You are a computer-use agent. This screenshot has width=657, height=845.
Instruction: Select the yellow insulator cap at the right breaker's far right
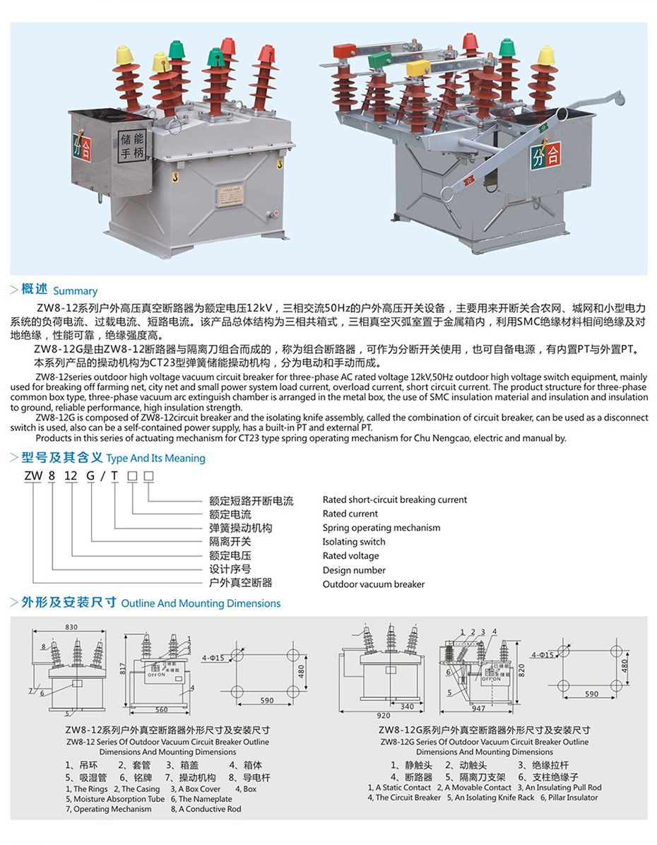tap(545, 54)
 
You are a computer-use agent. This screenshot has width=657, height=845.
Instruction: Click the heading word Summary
tap(76, 291)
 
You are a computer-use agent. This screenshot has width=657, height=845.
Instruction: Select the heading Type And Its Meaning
tap(155, 458)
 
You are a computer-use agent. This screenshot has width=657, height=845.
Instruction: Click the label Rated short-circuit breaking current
tap(394, 500)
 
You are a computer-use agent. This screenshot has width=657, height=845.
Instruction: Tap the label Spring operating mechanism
tap(381, 528)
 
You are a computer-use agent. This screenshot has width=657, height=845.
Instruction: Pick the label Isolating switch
tap(354, 542)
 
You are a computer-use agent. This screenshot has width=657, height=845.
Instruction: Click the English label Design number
tap(354, 570)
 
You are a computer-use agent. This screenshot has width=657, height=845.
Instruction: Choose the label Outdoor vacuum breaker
tap(374, 584)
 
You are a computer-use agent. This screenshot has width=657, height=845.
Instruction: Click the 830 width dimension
tap(71, 627)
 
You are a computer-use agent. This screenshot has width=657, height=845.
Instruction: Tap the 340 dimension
tap(407, 706)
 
